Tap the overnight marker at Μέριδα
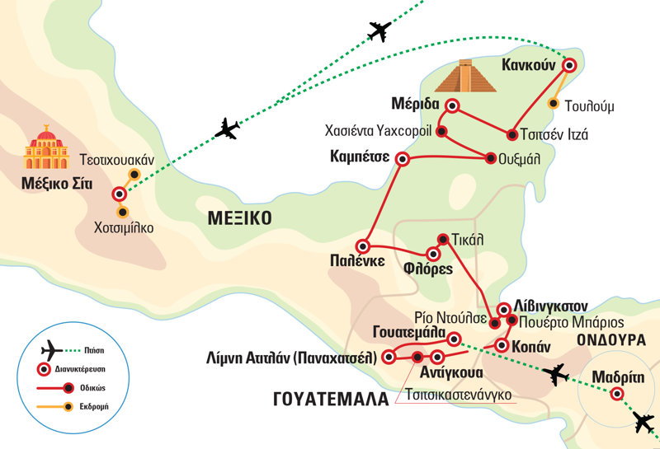451,105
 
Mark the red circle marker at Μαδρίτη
616,394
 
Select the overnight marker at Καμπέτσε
403,159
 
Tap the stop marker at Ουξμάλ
493,159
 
